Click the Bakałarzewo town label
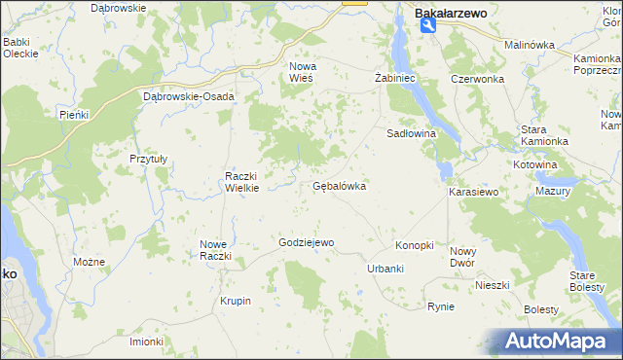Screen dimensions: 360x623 click(451, 14)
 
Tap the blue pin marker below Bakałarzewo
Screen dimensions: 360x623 click(428, 27)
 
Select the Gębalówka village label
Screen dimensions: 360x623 click(339, 186)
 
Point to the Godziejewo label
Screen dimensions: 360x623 click(307, 242)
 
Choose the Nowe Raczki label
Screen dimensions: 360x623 click(214, 250)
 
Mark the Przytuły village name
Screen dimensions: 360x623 click(149, 158)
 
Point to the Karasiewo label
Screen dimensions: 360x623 click(473, 193)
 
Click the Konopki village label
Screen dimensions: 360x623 click(414, 245)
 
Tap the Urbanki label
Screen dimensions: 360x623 click(385, 268)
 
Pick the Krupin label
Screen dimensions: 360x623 click(236, 301)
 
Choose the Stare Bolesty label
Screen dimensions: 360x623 click(587, 281)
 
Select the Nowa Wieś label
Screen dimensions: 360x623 click(302, 72)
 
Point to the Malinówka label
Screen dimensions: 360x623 click(529, 45)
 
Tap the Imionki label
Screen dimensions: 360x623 click(147, 342)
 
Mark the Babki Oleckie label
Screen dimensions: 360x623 click(19, 48)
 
